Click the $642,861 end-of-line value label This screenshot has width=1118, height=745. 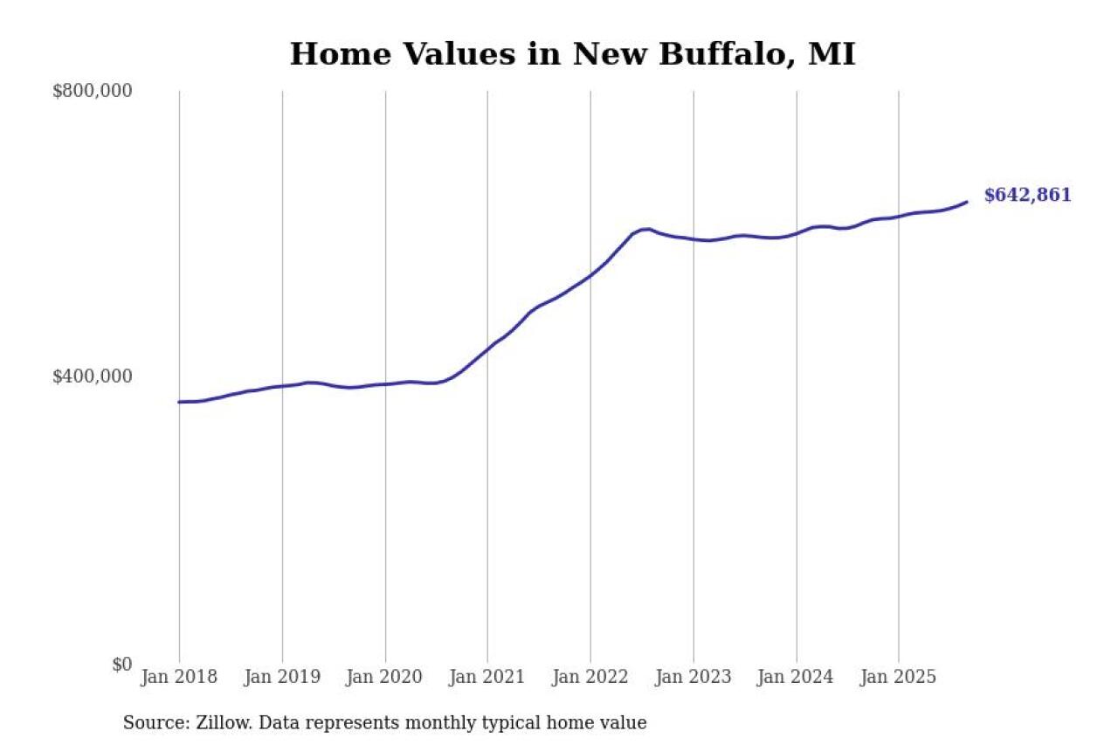1027,196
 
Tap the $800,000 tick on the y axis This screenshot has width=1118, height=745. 93,91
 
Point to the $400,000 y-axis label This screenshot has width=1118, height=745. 93,376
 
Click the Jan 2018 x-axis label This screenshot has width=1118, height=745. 179,677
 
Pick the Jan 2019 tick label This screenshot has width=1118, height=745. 282,677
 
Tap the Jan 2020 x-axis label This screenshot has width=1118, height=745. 385,677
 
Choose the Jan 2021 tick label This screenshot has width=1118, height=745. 487,677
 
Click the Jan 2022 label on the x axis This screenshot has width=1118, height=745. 590,677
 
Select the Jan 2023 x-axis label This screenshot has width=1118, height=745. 694,677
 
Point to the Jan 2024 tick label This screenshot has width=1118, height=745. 796,677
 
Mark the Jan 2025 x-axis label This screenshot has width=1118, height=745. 899,677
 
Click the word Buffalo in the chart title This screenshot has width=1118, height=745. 726,55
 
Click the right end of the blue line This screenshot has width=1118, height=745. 967,202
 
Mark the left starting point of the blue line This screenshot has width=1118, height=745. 179,402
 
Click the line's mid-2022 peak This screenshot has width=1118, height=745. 646,229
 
